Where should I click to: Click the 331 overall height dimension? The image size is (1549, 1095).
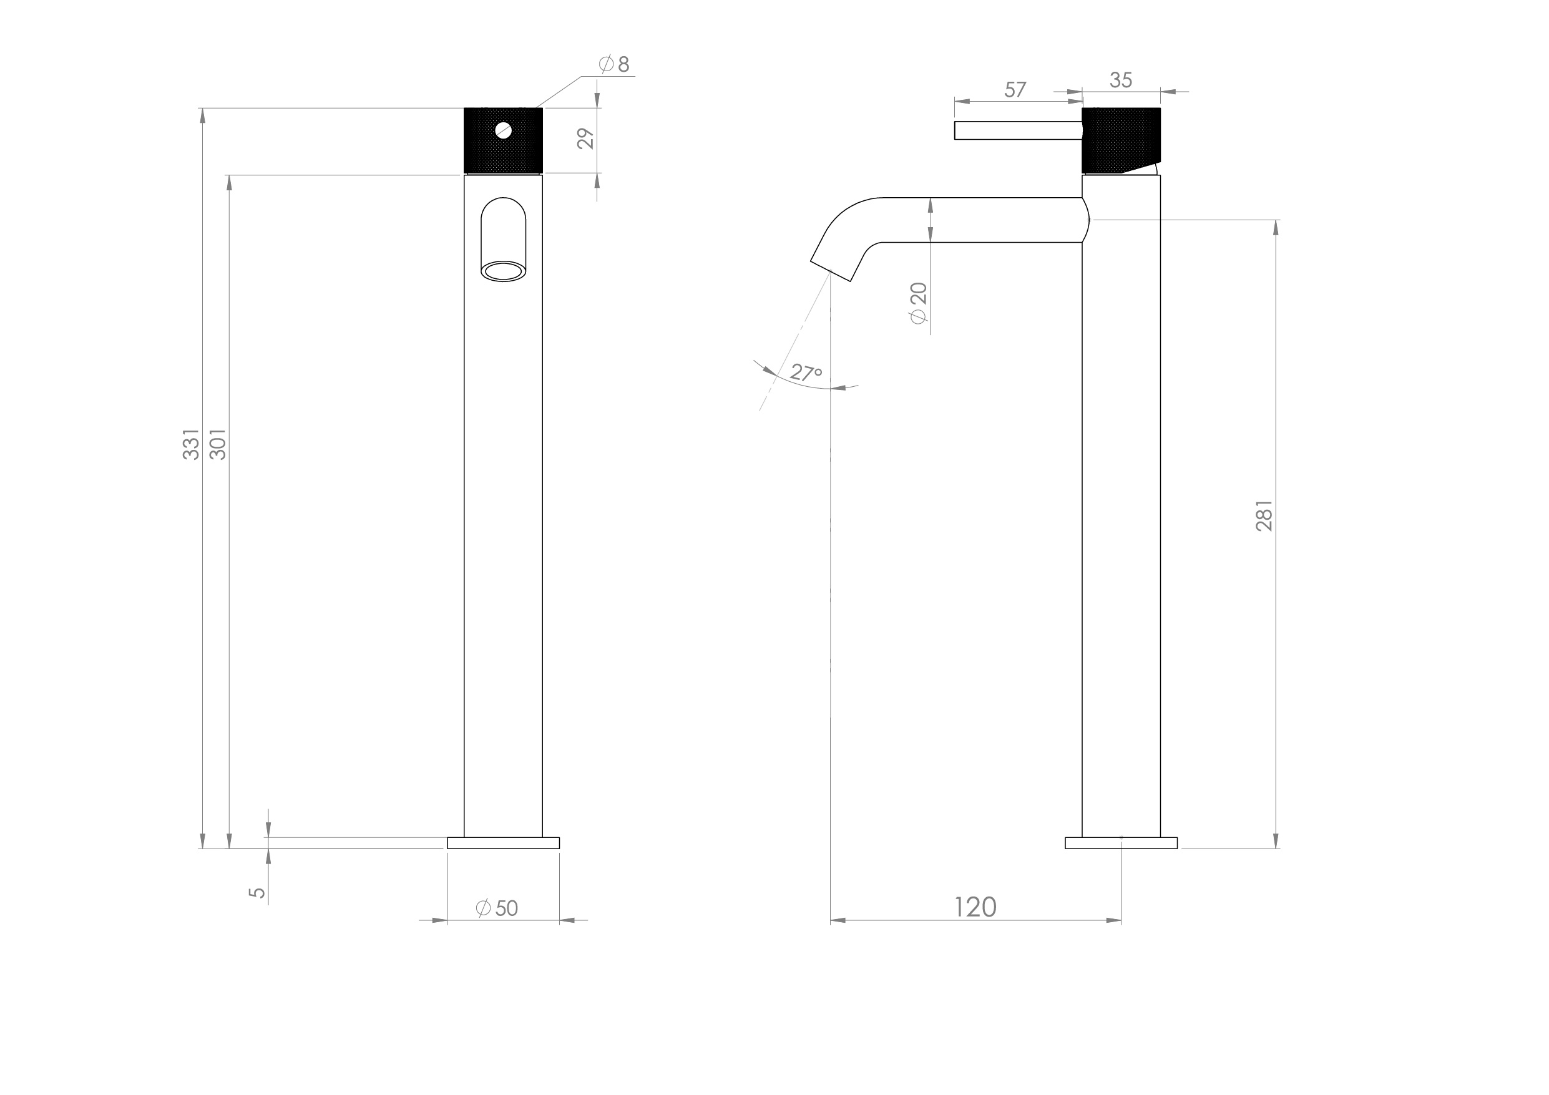[x=192, y=444]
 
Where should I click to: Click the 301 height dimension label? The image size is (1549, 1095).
[x=218, y=444]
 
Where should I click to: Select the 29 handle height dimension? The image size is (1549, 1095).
[x=586, y=139]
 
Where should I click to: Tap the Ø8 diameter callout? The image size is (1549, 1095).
[x=615, y=65]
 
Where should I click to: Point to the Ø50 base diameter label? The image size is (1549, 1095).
[x=497, y=908]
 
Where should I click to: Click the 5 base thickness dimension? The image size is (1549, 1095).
[x=257, y=892]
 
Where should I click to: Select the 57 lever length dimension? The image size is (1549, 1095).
[x=1015, y=89]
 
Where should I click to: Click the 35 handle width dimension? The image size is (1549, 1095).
[x=1121, y=80]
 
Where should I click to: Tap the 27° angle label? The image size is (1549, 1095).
[x=806, y=372]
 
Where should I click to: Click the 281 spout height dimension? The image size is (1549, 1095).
[x=1264, y=515]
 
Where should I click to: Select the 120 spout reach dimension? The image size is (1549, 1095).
[x=975, y=907]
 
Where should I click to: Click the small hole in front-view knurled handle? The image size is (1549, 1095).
[x=503, y=130]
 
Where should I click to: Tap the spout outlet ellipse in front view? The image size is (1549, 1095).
[x=503, y=272]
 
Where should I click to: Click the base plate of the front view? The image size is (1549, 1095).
[x=503, y=843]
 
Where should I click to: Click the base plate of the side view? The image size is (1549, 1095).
[x=1121, y=843]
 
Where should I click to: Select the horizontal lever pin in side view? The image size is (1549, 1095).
[x=1017, y=130]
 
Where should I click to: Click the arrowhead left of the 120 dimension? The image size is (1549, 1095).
[x=838, y=920]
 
